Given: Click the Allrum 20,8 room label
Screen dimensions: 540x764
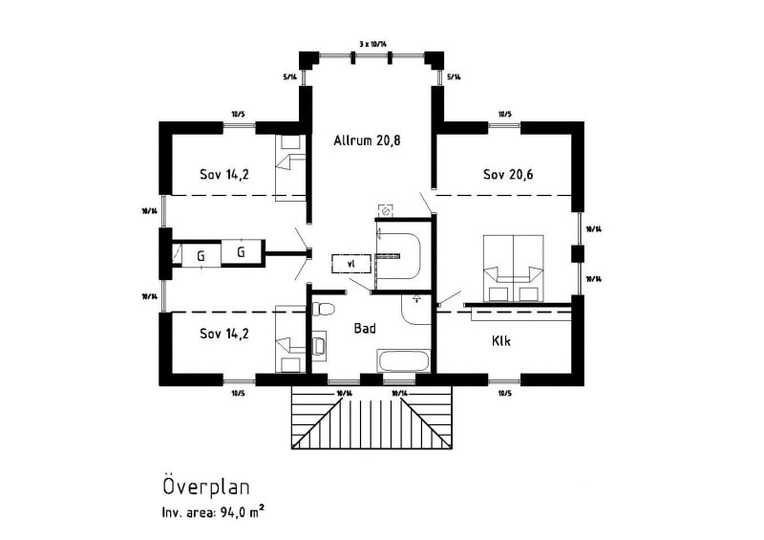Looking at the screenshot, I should coord(367,140).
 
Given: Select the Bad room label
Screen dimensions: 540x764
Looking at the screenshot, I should coord(364,328).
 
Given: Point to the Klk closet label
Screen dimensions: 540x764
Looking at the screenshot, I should coord(502,340).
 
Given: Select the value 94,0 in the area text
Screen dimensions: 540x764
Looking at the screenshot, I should coord(233,514).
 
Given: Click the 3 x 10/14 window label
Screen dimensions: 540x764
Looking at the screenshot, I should coord(375,44).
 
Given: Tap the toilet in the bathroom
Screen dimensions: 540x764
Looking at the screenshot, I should coord(323,310).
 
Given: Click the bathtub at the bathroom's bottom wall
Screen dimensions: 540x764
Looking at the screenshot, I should coord(404,362).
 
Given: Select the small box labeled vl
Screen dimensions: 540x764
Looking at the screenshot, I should coord(350,262).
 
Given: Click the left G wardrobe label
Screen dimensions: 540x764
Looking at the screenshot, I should coord(201,255).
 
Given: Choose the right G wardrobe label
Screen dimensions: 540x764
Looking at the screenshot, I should coord(242,252).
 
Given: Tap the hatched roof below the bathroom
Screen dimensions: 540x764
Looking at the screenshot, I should coord(371,421).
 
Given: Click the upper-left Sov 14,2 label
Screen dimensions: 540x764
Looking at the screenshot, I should coord(224,175).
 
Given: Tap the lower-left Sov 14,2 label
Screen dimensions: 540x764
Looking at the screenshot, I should coord(224,334).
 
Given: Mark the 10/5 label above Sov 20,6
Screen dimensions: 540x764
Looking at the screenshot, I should coord(504,116).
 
